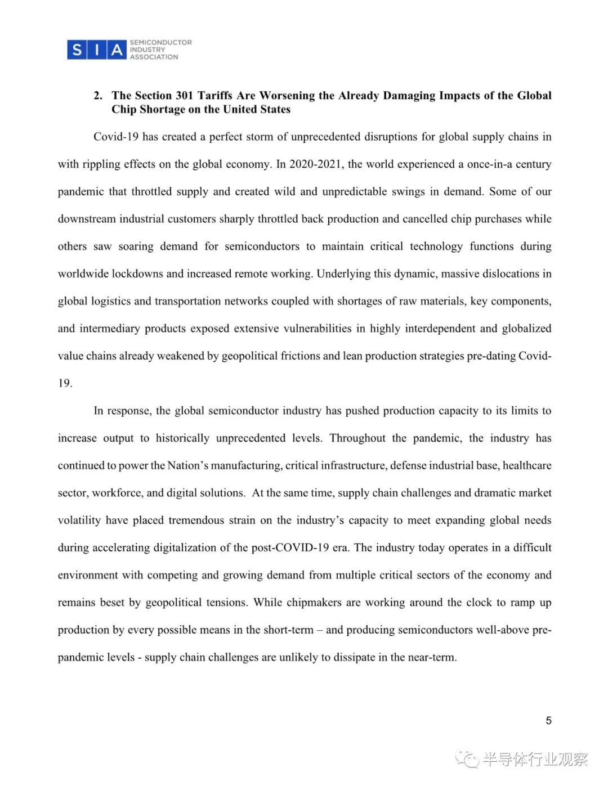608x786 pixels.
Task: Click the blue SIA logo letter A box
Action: pyautogui.click(x=117, y=50)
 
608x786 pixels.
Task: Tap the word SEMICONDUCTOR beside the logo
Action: pyautogui.click(x=160, y=42)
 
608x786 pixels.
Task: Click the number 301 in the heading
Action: pyautogui.click(x=184, y=96)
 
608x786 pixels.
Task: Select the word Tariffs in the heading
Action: pyautogui.click(x=215, y=96)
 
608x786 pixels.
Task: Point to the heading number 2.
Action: pyautogui.click(x=98, y=96)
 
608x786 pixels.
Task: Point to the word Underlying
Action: pyautogui.click(x=342, y=274)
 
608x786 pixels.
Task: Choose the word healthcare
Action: pyautogui.click(x=526, y=466)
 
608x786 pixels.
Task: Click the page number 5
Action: pyautogui.click(x=548, y=721)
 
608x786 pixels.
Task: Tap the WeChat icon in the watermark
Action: pyautogui.click(x=467, y=759)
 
